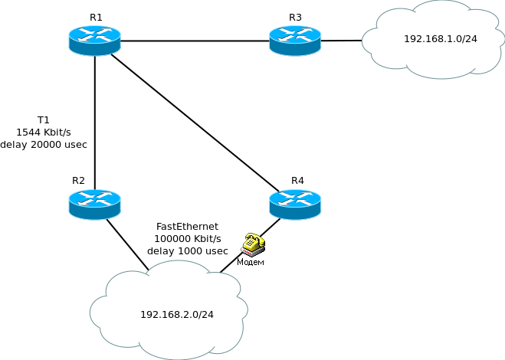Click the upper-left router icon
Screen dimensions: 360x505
click(x=94, y=41)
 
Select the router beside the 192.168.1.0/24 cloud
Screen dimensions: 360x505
click(x=294, y=41)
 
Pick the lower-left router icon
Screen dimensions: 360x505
click(x=94, y=205)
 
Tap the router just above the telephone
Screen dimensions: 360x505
click(x=294, y=205)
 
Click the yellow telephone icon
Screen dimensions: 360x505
click(x=252, y=244)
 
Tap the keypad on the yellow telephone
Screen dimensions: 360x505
click(x=250, y=245)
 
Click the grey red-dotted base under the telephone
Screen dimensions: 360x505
click(x=251, y=252)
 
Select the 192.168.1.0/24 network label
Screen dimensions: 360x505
click(x=440, y=39)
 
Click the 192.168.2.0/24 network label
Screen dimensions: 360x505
click(x=176, y=315)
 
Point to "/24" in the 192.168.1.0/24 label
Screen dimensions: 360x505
click(x=469, y=39)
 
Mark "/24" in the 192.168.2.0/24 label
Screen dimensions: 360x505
click(x=205, y=315)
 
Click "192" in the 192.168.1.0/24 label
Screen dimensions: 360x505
click(x=412, y=39)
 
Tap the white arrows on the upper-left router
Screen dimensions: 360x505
click(x=94, y=34)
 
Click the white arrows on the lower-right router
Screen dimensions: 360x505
click(x=294, y=198)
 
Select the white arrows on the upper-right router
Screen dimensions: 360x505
click(x=294, y=34)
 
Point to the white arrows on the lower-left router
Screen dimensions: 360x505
click(x=94, y=198)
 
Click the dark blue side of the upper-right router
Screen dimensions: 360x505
click(x=294, y=50)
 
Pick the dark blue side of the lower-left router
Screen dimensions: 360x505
click(x=94, y=214)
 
